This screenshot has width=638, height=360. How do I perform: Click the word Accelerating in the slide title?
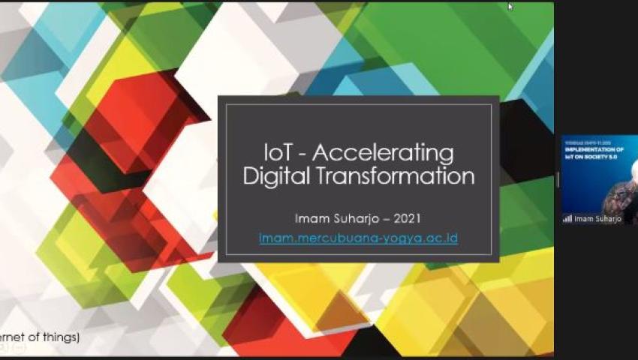pos(383,153)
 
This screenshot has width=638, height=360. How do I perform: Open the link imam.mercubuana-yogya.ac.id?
pos(358,238)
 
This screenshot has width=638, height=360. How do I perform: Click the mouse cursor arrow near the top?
pos(510,7)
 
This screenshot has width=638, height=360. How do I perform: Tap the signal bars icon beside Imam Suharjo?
pos(567,219)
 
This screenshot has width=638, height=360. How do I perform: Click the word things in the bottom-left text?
pos(61,337)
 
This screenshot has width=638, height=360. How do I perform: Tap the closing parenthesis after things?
pos(77,337)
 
